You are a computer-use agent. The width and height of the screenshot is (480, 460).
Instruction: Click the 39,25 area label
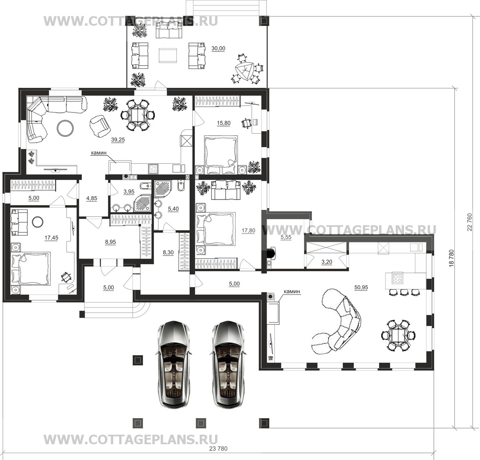point(118,140)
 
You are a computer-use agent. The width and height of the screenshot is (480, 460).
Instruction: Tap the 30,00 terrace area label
point(218,49)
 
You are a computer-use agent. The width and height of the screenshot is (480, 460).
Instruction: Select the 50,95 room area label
point(361,287)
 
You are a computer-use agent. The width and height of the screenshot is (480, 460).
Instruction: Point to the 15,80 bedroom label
point(223,123)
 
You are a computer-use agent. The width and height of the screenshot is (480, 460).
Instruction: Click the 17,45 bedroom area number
point(51,238)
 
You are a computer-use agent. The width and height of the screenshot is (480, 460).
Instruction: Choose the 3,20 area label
point(327,262)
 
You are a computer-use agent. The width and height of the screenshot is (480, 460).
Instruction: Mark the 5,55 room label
point(286,237)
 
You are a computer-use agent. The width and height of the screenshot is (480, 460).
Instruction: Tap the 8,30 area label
point(168,253)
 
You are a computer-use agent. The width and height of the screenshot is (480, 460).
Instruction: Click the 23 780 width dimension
point(218,449)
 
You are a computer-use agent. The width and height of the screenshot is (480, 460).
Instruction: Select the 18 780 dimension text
point(451,259)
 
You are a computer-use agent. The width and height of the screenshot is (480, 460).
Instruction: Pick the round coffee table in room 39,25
point(65,127)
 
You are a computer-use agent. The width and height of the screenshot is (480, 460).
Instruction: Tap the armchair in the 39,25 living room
point(100,126)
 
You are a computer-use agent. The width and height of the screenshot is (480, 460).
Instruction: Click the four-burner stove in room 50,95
point(397,278)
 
